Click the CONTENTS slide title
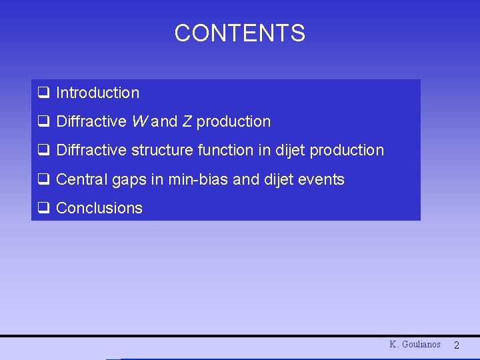239,33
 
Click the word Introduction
98,93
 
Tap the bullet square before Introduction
43,93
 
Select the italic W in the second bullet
139,122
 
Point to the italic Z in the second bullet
187,122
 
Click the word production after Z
233,122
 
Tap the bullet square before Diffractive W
43,122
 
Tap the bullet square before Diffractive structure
43,151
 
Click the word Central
82,179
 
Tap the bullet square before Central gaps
43,179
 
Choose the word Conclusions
99,208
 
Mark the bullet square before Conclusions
43,208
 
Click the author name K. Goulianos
415,345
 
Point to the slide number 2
457,345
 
